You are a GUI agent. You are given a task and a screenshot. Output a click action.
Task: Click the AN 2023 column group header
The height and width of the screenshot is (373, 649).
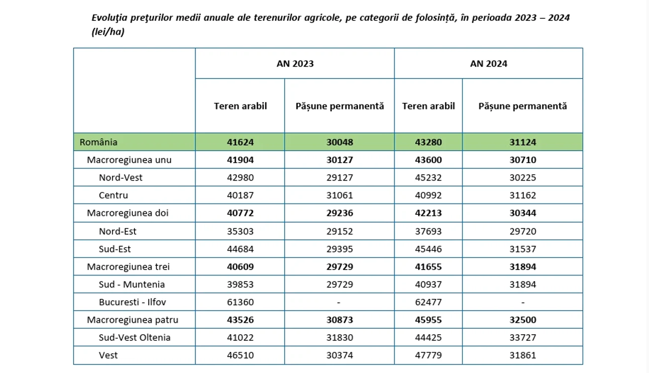pos(295,64)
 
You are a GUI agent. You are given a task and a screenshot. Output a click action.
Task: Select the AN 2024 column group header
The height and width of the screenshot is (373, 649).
pos(488,64)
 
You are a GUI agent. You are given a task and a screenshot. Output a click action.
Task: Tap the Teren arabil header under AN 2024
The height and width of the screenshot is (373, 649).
pos(428,106)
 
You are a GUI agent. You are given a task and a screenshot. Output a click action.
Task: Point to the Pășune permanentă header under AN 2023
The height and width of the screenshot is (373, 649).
pos(339,106)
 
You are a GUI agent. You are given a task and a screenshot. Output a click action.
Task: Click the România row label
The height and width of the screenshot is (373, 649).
pos(99,142)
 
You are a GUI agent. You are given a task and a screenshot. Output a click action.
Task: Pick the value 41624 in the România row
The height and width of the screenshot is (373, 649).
pos(240,142)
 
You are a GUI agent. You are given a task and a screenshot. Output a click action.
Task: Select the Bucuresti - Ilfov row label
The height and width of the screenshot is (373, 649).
pos(132,302)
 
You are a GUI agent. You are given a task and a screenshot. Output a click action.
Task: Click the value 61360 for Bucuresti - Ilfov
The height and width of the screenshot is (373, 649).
pos(240,302)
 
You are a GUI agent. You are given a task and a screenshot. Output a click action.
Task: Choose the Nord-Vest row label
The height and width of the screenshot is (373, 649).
pos(120,178)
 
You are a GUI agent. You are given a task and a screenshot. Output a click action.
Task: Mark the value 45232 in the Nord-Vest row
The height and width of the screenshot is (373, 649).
pos(428,178)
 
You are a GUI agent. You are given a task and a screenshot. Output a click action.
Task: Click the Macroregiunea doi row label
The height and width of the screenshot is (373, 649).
pos(127,213)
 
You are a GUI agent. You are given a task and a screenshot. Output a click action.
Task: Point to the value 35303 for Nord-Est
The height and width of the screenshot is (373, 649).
pos(240,231)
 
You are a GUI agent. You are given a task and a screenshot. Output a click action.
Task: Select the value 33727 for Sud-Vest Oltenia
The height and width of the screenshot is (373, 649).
pos(523,338)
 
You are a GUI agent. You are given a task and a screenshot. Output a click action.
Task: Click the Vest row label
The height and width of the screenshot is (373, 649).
pos(108,355)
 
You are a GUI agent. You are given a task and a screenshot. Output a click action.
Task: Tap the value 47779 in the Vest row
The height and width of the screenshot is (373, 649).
pos(428,355)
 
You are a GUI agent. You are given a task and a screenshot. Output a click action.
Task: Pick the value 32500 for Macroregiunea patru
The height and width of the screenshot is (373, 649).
pos(523,320)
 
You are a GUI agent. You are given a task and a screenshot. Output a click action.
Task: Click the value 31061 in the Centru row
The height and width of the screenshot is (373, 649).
pos(339,195)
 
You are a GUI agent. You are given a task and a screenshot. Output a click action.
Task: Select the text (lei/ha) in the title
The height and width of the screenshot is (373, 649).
pos(108,32)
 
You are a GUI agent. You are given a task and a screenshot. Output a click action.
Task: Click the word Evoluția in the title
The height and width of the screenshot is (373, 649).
pos(109,18)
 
